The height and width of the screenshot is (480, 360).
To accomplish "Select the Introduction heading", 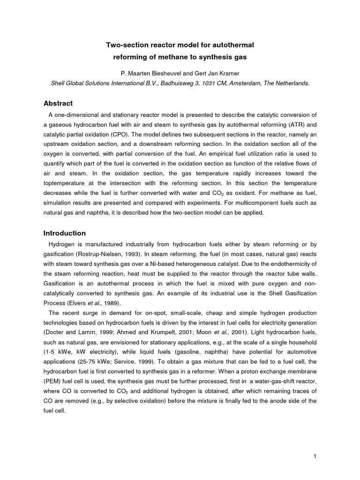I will [65, 233].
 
